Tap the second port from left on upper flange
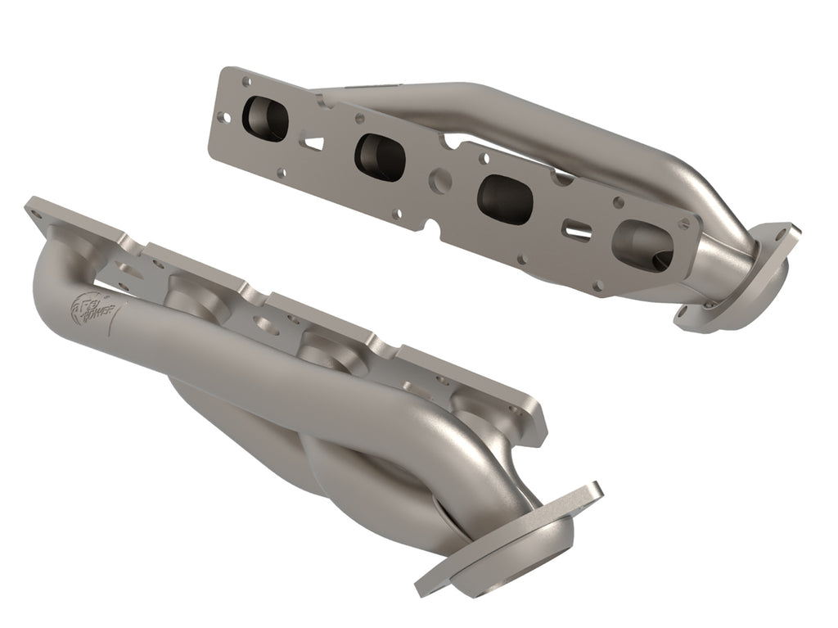[380, 156]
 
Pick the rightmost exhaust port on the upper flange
[642, 244]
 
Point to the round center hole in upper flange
[440, 177]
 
